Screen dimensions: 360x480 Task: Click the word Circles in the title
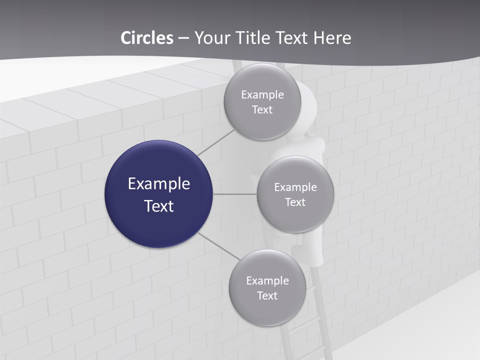tap(147, 38)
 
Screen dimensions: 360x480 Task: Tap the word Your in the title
tap(211, 38)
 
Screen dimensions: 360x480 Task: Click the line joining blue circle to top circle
tap(216, 142)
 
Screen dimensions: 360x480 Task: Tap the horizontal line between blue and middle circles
tap(235, 194)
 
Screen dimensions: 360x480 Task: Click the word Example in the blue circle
tap(159, 184)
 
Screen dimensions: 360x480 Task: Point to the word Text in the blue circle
tap(159, 206)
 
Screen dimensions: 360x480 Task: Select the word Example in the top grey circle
tap(262, 95)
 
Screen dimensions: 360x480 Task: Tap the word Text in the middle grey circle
tap(295, 202)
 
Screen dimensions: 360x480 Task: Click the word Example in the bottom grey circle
tap(267, 281)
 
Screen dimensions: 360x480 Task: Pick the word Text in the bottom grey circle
tap(267, 296)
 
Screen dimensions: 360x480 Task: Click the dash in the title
tap(183, 38)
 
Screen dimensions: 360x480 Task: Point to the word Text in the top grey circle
tap(262, 110)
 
